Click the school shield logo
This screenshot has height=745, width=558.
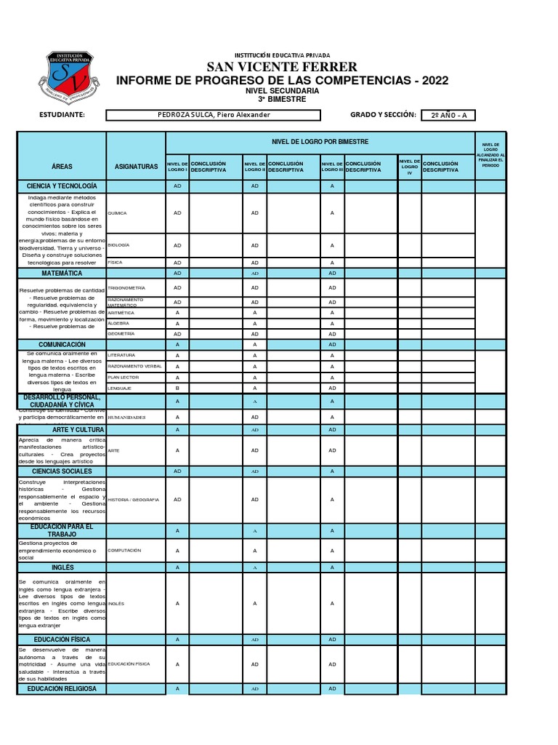tap(71, 77)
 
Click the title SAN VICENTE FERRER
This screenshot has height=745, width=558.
tap(282, 68)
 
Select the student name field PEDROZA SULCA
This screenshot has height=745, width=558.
tap(224, 115)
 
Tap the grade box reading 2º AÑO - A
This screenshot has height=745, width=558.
tap(448, 115)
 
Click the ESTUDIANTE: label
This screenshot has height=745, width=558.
tap(62, 115)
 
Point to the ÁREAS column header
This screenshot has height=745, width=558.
tap(62, 167)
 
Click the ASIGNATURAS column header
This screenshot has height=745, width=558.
tap(136, 167)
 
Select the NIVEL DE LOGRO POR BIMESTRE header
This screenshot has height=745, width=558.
tap(320, 141)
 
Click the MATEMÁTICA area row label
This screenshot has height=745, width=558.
tap(62, 274)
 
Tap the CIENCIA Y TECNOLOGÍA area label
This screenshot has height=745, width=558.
tap(62, 187)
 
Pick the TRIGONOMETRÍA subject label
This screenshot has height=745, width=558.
tap(126, 288)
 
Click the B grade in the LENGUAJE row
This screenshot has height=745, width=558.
tap(177, 389)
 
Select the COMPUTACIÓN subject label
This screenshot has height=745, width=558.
tap(124, 551)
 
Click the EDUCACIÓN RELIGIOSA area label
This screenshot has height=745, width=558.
tap(62, 688)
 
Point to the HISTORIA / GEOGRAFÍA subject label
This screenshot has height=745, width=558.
tap(133, 500)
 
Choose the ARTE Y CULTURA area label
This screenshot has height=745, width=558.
tap(62, 430)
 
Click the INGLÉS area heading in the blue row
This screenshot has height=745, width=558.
tap(62, 567)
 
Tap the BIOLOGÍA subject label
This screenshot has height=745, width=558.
tap(118, 245)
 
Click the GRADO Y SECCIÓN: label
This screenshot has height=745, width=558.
tap(382, 115)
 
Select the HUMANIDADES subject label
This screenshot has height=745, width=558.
tap(126, 418)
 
